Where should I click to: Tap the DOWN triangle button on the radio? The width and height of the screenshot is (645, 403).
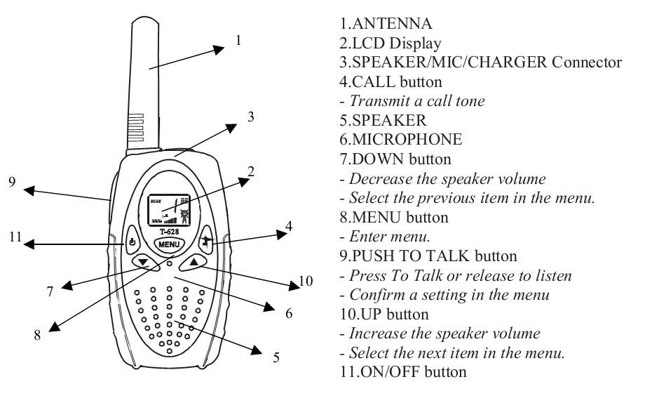[143, 261]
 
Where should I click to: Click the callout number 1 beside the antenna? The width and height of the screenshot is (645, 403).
[238, 41]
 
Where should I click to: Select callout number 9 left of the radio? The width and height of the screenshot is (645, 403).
[11, 181]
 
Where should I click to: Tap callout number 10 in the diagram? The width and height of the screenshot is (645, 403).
[303, 283]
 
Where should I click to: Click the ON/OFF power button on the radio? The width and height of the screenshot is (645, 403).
[133, 243]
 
